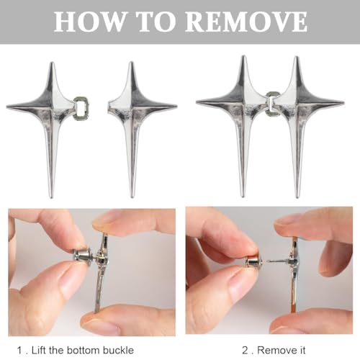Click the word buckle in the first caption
click(118, 350)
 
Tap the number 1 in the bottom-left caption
click(19, 351)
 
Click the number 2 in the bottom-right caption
click(245, 351)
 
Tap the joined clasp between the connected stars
click(271, 104)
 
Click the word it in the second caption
click(302, 350)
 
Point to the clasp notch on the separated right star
click(110, 107)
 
